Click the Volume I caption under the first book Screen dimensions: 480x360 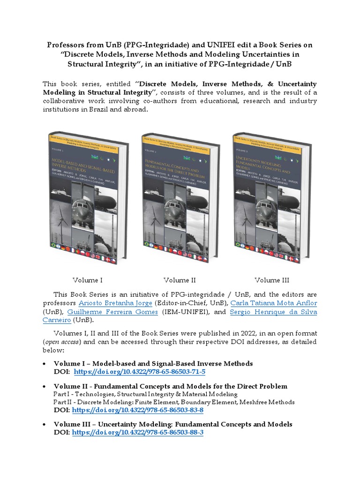click(88, 280)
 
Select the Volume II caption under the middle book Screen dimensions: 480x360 click(180, 280)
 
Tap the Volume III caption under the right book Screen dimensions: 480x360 click(272, 280)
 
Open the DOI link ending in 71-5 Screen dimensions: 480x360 click(140, 372)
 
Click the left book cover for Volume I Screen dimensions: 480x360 click(88, 197)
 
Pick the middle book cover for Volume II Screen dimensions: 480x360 click(180, 197)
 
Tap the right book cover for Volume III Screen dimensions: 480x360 click(272, 197)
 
